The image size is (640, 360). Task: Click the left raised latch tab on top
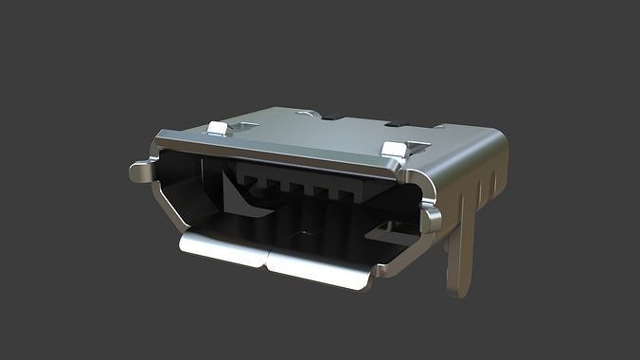click(x=218, y=129)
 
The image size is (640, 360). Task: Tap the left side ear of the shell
click(x=141, y=171)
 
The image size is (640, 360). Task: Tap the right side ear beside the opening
click(x=432, y=221)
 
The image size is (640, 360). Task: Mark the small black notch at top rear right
click(x=392, y=123)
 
